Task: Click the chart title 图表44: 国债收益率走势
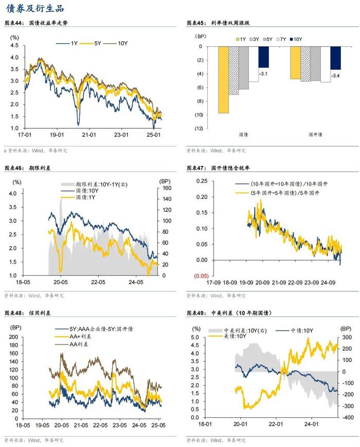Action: click(42, 24)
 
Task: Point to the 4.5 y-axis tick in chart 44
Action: click(14, 45)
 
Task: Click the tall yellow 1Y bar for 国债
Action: click(224, 79)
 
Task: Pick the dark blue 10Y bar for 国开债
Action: click(335, 58)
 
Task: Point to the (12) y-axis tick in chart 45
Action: click(199, 128)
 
